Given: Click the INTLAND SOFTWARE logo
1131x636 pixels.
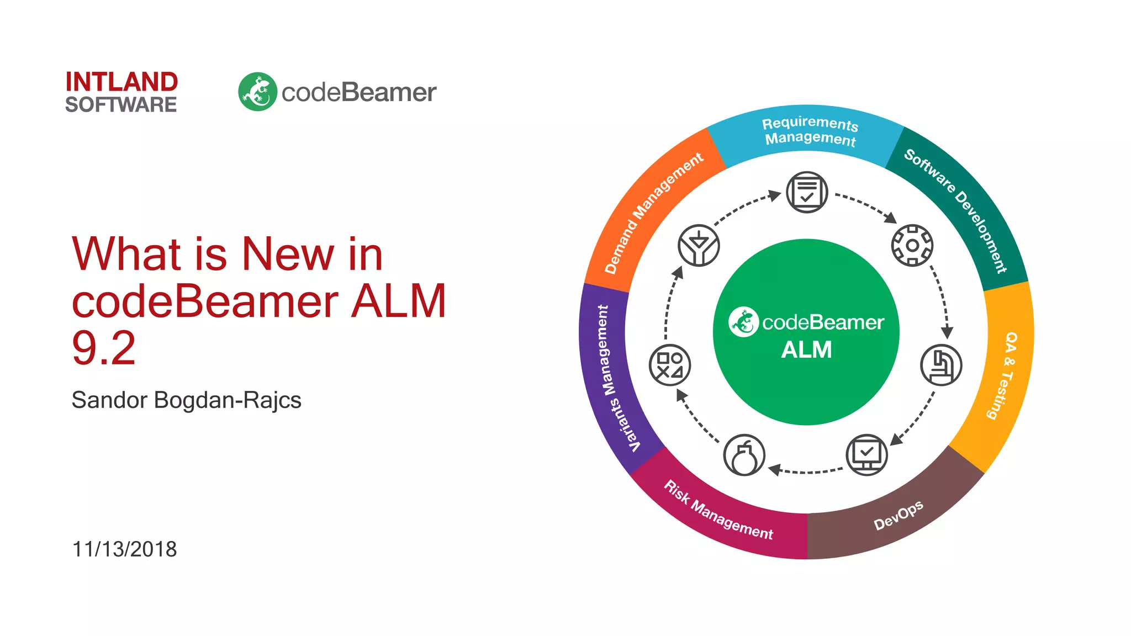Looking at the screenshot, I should click(121, 92).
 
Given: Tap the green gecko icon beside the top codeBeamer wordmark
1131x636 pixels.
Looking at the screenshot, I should click(257, 92).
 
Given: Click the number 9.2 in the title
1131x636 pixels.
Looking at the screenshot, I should click(104, 348).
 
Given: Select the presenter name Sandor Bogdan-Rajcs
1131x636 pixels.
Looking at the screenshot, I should click(186, 400).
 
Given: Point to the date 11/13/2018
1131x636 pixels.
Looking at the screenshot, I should click(124, 549).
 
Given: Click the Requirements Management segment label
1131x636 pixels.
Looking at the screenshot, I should click(810, 131).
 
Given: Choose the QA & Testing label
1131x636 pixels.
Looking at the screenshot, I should click(1004, 375).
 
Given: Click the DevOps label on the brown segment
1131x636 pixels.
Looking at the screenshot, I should click(898, 515).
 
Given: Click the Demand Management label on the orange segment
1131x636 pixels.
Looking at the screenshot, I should click(653, 213).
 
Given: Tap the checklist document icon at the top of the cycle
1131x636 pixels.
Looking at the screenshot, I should click(807, 192).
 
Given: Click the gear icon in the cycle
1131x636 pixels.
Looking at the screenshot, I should click(912, 245).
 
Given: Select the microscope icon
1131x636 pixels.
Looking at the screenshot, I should click(941, 365).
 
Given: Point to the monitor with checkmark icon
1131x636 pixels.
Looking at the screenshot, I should click(866, 455).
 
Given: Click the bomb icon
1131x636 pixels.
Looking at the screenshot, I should click(744, 455).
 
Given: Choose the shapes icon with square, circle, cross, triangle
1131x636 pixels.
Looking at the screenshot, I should click(670, 365).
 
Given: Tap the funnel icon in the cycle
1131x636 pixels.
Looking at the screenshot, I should click(699, 245).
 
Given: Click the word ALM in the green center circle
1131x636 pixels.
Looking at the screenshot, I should click(806, 350).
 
